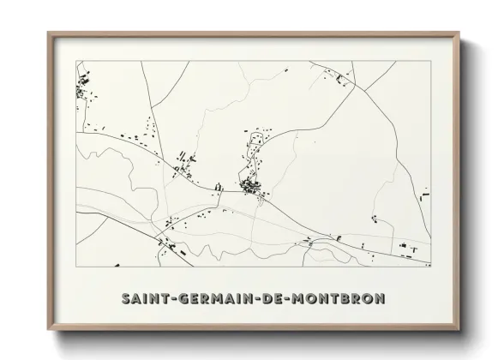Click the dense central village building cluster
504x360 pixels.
click(250, 186)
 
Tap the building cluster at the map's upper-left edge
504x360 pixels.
click(83, 87)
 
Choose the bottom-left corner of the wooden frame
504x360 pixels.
click(50, 327)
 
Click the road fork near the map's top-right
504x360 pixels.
click(370, 85)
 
